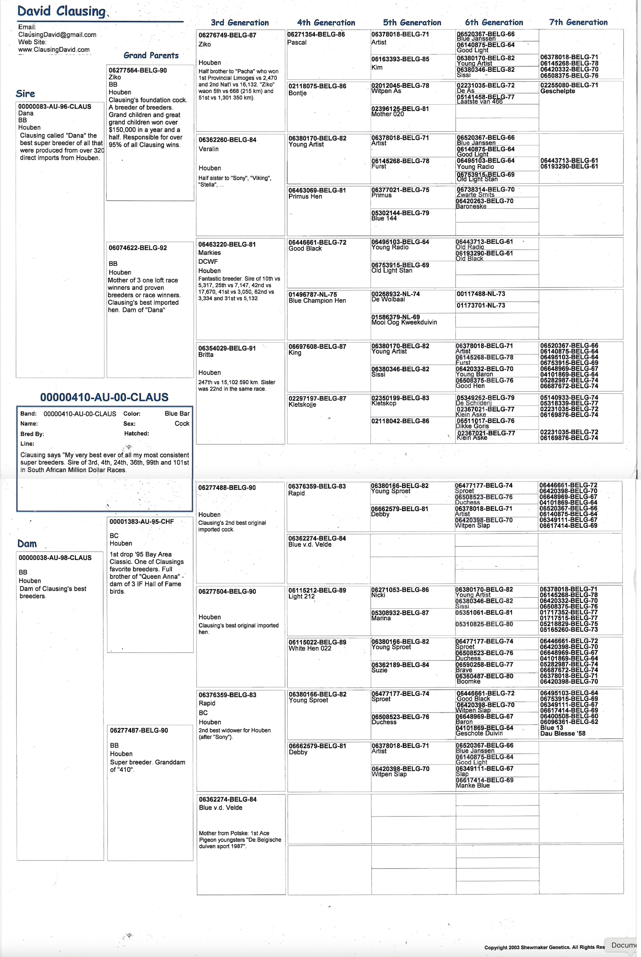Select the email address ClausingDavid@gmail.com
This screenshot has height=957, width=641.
[57, 35]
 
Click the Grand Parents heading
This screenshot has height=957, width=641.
[151, 56]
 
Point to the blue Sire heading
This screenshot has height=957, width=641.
[25, 94]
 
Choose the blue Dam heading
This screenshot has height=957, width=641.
[27, 544]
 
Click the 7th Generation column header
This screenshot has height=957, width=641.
[578, 23]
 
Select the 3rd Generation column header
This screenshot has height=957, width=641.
[240, 23]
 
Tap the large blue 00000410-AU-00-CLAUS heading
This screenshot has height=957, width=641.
[104, 397]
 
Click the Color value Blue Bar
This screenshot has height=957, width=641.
[177, 413]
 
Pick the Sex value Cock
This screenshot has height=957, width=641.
[182, 423]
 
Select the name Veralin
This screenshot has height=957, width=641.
[208, 149]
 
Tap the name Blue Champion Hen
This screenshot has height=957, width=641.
[317, 300]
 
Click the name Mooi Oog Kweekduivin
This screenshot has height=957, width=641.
[404, 322]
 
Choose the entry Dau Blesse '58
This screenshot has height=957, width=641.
[562, 733]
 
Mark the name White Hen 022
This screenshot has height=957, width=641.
[310, 648]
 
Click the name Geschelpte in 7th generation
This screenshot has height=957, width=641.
[558, 91]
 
